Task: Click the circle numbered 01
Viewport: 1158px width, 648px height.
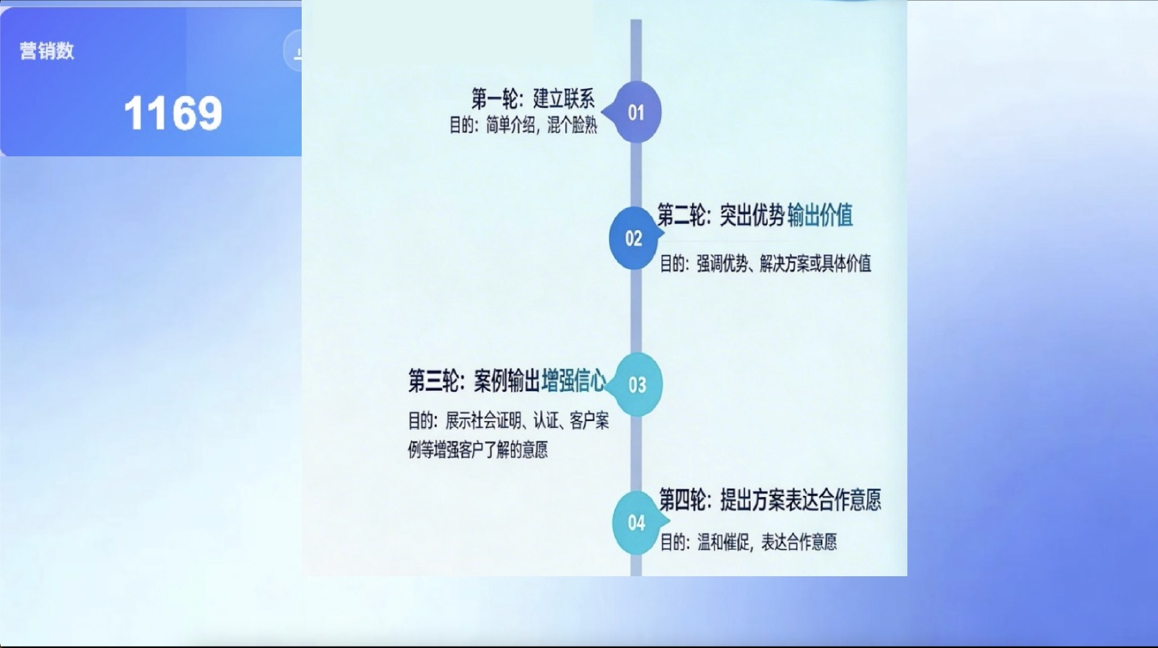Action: (x=636, y=112)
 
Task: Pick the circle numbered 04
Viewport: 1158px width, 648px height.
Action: (x=637, y=523)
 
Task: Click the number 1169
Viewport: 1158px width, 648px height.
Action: (x=173, y=113)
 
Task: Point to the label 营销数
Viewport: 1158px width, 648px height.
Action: (x=47, y=51)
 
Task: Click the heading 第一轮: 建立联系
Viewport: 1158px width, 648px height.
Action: (x=533, y=99)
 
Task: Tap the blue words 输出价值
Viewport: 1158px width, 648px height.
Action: (x=820, y=215)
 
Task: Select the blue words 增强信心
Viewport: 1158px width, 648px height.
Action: (x=574, y=381)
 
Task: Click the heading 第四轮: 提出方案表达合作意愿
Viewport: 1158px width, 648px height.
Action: (x=770, y=500)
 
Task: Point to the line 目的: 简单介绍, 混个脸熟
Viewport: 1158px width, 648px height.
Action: (x=523, y=125)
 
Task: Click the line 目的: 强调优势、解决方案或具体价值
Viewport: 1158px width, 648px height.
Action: (x=765, y=264)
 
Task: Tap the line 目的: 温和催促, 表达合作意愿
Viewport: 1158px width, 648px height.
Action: (x=748, y=542)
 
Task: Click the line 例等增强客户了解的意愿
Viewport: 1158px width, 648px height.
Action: (x=477, y=449)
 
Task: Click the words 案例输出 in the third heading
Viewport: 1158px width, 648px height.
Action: (x=506, y=381)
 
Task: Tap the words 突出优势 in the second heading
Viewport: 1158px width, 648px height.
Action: (x=752, y=215)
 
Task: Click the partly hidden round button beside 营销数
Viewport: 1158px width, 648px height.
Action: (x=294, y=51)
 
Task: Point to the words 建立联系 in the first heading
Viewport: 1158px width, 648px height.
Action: (x=564, y=99)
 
